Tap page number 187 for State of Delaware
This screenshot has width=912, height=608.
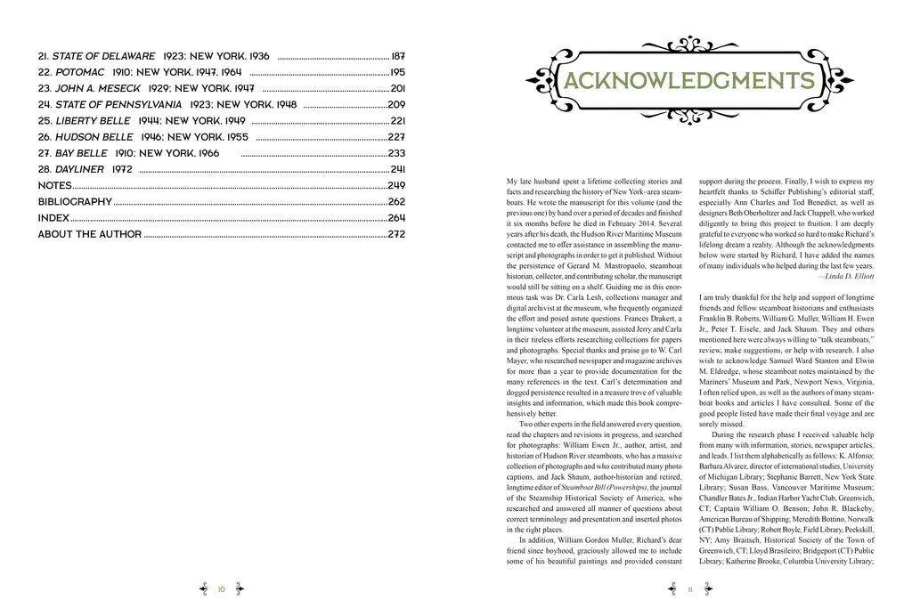pyautogui.click(x=398, y=55)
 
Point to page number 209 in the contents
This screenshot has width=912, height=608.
pyautogui.click(x=396, y=105)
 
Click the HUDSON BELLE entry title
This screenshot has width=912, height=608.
pyautogui.click(x=94, y=137)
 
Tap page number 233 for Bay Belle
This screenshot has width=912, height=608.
pyautogui.click(x=396, y=153)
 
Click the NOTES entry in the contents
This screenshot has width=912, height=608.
pyautogui.click(x=54, y=186)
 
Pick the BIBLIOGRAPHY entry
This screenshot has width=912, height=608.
pyautogui.click(x=75, y=202)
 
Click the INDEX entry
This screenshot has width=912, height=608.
pyautogui.click(x=53, y=218)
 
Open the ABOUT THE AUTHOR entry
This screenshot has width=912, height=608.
pyautogui.click(x=89, y=235)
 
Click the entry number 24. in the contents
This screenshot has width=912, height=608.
pyautogui.click(x=45, y=105)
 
